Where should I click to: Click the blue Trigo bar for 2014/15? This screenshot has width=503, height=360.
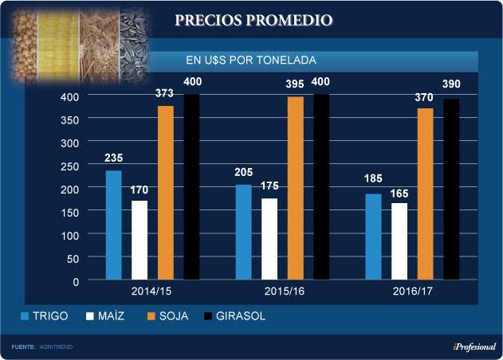114,225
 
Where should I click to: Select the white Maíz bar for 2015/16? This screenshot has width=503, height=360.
269,239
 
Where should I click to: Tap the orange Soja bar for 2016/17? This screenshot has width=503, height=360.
425,194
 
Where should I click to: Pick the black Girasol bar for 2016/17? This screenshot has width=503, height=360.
450,189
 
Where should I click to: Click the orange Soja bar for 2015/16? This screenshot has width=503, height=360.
295,188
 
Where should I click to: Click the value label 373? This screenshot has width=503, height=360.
165,94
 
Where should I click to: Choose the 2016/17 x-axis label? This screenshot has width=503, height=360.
411,292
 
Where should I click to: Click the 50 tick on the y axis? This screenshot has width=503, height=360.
74,258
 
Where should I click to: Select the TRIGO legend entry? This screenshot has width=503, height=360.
46,316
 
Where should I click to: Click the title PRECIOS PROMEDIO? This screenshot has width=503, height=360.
254,19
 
